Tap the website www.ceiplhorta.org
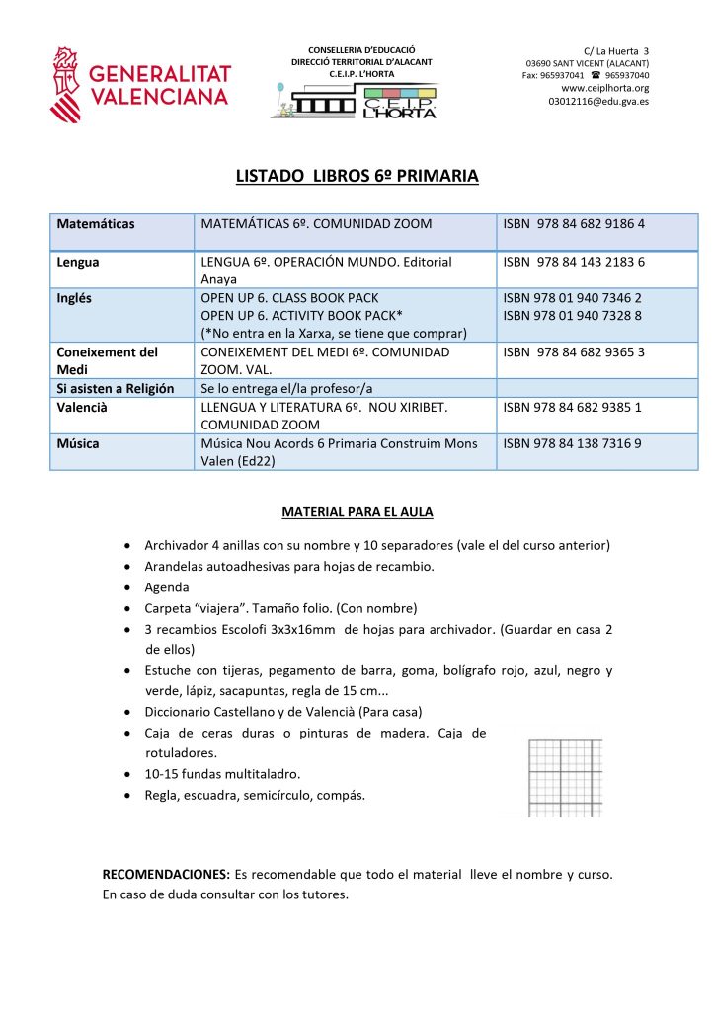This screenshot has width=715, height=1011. tap(604, 88)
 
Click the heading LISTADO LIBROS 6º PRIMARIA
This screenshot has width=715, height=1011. tap(357, 177)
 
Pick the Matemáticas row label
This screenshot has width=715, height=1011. tap(96, 224)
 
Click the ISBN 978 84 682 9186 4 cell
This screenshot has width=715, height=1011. tap(573, 224)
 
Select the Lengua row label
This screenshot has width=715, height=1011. tap(78, 263)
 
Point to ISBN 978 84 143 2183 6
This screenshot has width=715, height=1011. tap(573, 263)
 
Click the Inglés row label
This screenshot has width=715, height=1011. tap(76, 298)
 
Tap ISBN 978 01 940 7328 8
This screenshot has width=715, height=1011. tap(572, 316)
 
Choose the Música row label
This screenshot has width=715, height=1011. tap(78, 444)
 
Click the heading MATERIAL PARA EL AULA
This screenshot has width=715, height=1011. tap(357, 512)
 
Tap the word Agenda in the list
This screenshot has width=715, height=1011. tap(167, 587)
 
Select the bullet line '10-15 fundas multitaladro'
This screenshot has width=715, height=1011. tap(222, 774)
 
